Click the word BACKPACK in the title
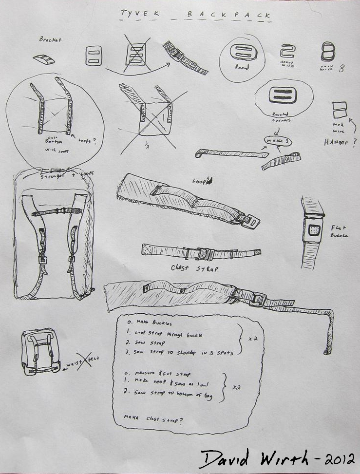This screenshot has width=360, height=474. pos(228,16)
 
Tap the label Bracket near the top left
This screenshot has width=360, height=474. pos(50,39)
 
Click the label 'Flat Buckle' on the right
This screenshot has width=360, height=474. pos(340,231)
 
